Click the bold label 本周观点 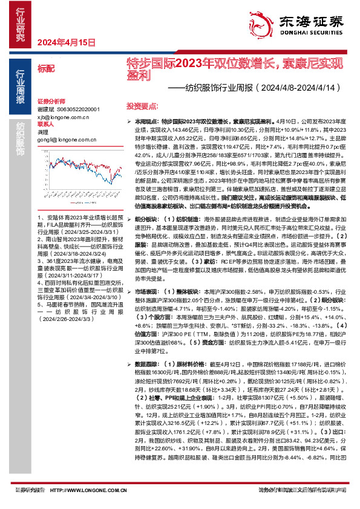[141, 122]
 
